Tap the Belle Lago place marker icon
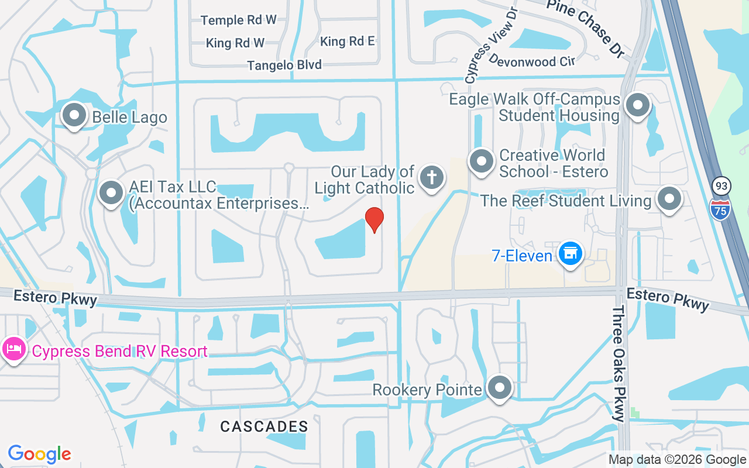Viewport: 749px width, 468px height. tap(74, 115)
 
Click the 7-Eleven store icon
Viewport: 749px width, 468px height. tap(569, 254)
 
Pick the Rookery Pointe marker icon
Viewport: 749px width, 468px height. tap(500, 387)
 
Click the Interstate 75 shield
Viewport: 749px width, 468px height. tap(720, 208)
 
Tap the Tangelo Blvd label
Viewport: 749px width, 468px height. tap(284, 65)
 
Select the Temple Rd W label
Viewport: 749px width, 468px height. tap(238, 20)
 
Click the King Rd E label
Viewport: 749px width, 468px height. tap(348, 42)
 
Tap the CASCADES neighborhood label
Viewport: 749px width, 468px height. tap(264, 426)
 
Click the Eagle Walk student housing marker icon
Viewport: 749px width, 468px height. tap(637, 106)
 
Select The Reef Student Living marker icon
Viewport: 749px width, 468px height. tap(669, 199)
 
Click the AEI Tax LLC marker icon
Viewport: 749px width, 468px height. tap(111, 192)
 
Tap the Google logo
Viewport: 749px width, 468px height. tap(39, 454)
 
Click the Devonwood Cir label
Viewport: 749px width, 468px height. tap(532, 60)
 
